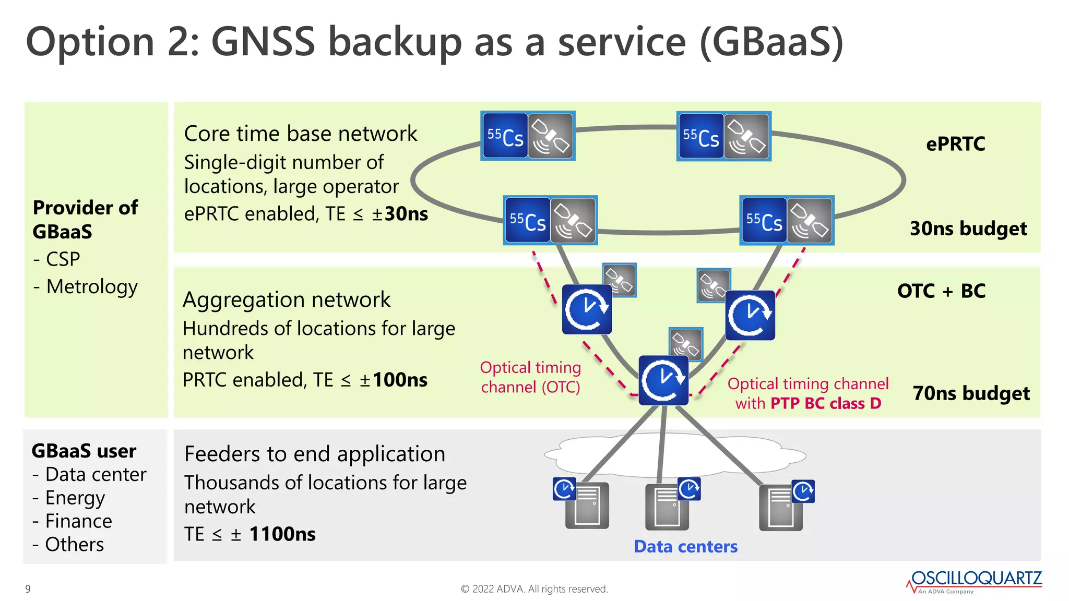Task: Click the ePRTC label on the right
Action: click(955, 144)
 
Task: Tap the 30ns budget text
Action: click(968, 229)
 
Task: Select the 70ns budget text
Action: click(971, 393)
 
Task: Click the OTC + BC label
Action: click(941, 291)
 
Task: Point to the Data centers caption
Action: click(685, 546)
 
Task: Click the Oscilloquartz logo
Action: click(975, 581)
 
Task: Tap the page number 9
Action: click(28, 589)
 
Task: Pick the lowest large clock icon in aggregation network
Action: click(663, 380)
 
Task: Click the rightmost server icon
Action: click(781, 508)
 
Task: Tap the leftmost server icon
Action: click(587, 506)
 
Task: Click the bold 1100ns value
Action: click(282, 534)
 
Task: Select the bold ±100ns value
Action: click(394, 380)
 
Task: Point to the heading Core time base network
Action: click(301, 134)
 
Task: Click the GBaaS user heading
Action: click(84, 451)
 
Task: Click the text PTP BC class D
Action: click(825, 403)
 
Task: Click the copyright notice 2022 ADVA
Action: click(534, 589)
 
